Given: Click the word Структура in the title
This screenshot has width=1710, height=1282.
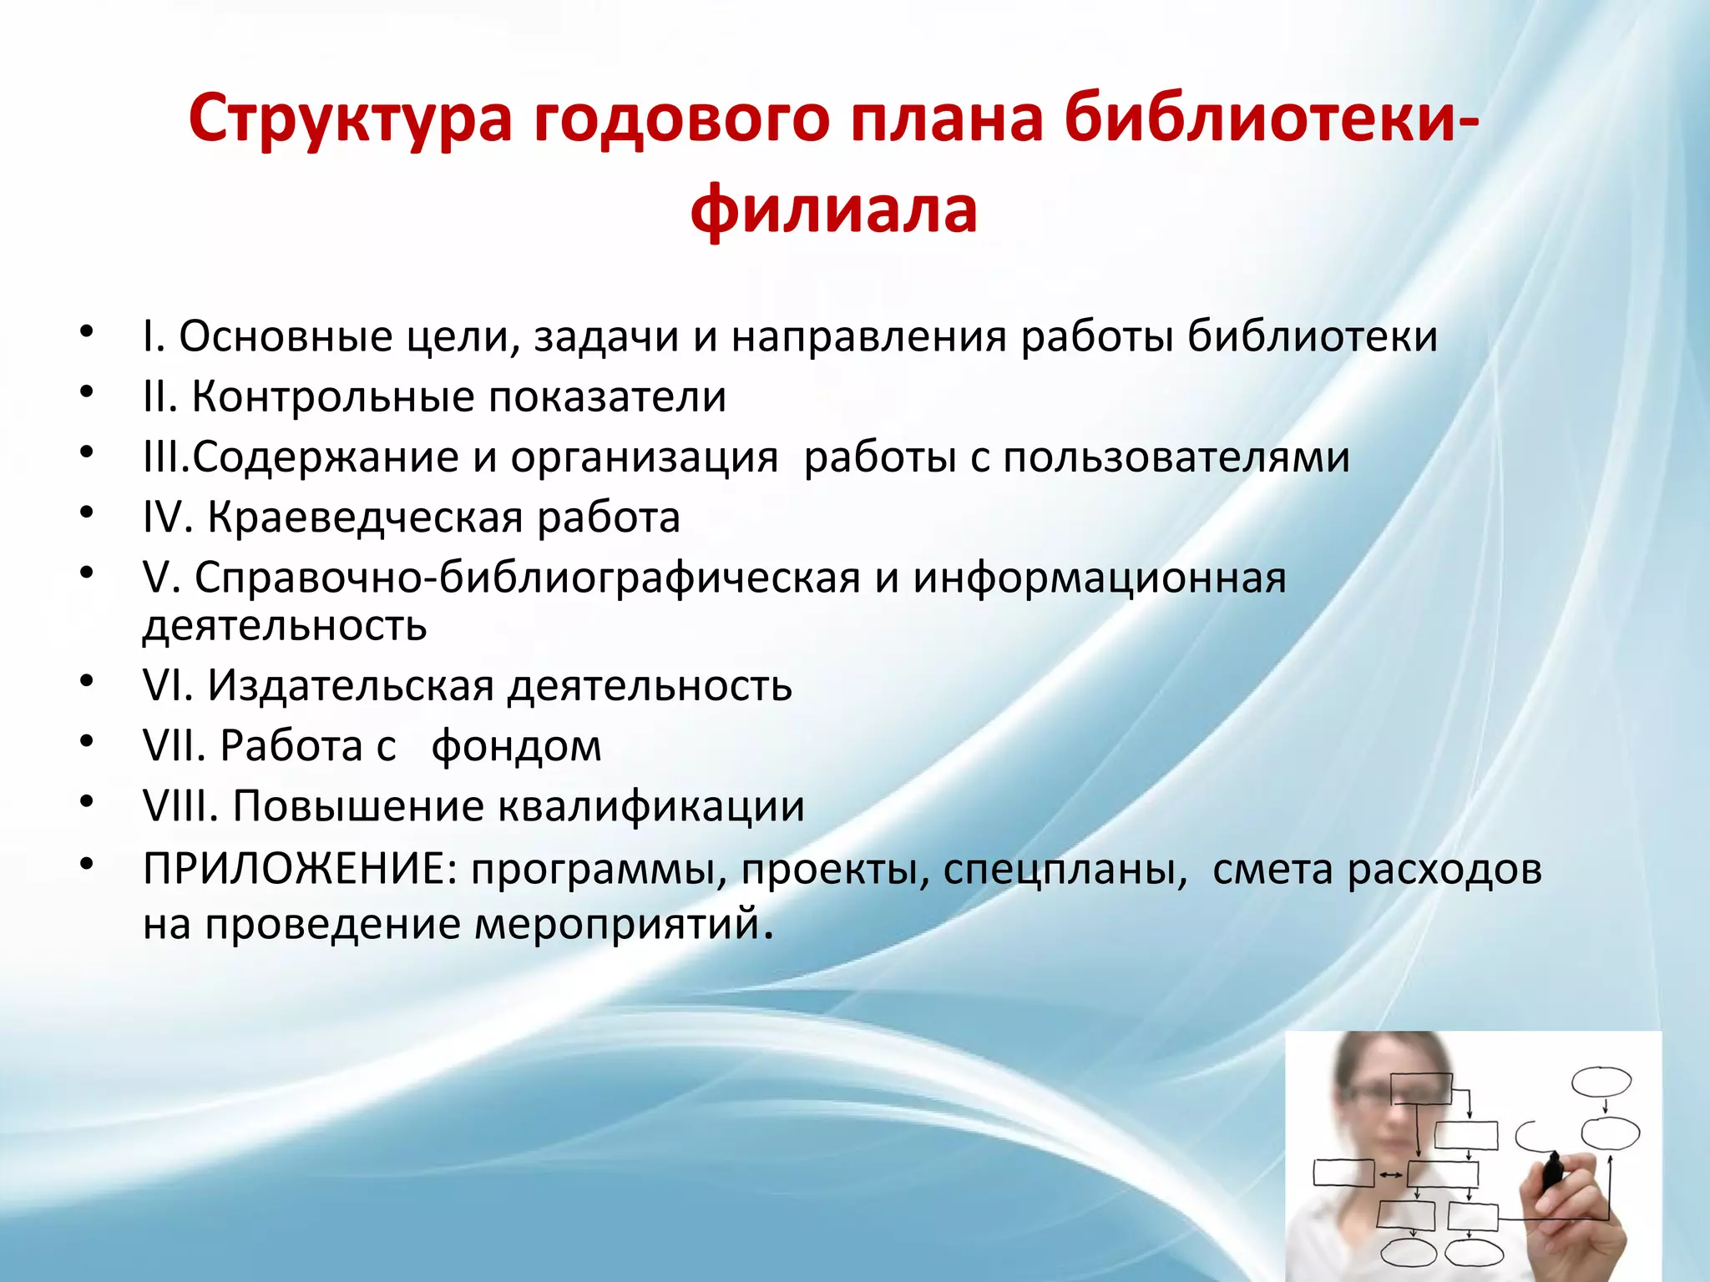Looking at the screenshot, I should click(x=350, y=119).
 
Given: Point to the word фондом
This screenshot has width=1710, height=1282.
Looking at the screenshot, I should click(x=516, y=746).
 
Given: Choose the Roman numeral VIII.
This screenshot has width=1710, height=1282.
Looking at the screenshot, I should click(x=180, y=806).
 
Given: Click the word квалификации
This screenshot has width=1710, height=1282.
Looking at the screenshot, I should click(x=651, y=806).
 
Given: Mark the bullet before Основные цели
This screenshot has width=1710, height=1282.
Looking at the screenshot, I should click(x=87, y=331).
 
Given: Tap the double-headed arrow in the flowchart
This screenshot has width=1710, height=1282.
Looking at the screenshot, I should click(x=1390, y=1174).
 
